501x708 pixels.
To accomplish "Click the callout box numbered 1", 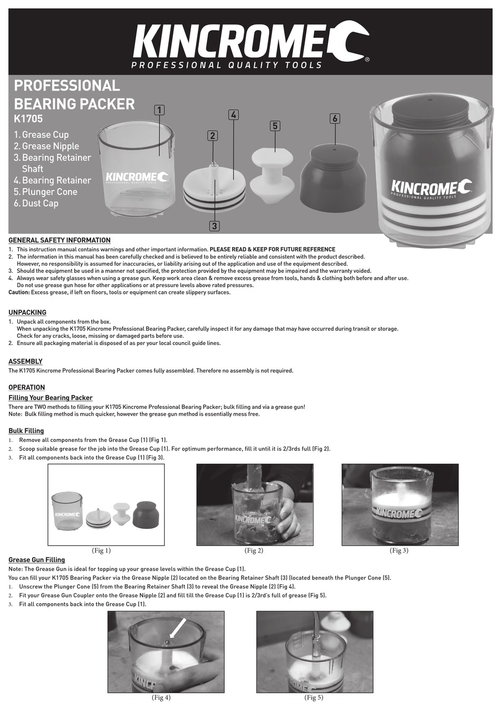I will (159, 110).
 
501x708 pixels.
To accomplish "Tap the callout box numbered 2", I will (213, 135).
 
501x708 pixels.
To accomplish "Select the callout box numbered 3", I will (214, 227).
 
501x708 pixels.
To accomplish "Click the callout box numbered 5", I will (275, 126).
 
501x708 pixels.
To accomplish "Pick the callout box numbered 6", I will (334, 119).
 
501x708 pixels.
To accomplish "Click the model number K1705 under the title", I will (28, 120).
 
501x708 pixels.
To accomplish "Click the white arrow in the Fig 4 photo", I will (178, 627).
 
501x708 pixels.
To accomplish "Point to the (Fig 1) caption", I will (101, 550).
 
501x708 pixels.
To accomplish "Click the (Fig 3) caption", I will (399, 550).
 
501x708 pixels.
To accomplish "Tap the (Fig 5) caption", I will (314, 698).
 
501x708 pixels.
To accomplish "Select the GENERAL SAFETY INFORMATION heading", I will (60, 240).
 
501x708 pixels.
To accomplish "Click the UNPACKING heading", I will (27, 312).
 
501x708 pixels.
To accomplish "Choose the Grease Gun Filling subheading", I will (37, 559).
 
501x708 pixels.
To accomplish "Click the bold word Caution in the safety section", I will (19, 292).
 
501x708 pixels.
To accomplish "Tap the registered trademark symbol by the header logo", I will (367, 60).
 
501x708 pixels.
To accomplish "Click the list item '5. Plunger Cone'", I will (46, 192).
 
